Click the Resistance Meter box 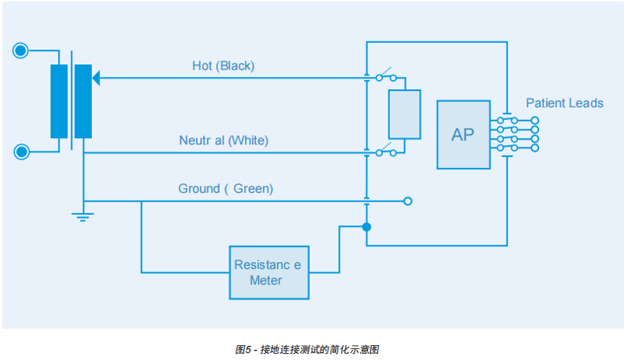268,272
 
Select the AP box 463,134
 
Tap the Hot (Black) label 223,66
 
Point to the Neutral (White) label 224,141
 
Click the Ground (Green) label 225,189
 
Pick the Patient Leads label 564,103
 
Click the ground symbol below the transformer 83,216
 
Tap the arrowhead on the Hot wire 97,78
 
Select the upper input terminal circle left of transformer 21,52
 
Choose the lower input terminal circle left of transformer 21,151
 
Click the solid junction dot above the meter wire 366,227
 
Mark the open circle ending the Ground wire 407,202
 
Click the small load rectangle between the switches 404,115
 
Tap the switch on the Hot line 386,77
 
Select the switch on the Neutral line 386,152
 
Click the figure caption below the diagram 313,349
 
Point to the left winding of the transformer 59,101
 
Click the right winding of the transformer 82,101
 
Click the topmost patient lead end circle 535,121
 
